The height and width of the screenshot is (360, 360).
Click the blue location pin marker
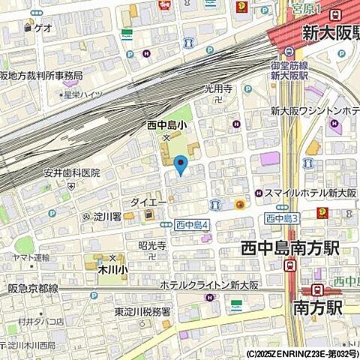click(x=180, y=163)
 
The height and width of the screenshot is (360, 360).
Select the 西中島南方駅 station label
click(x=298, y=247)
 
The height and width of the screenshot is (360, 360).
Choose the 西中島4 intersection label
click(x=191, y=224)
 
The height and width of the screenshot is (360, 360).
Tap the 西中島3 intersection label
click(x=282, y=218)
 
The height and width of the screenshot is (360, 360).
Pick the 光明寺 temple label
click(x=218, y=88)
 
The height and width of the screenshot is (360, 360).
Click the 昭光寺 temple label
click(x=151, y=245)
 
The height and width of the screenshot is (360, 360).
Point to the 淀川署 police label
click(x=107, y=217)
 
